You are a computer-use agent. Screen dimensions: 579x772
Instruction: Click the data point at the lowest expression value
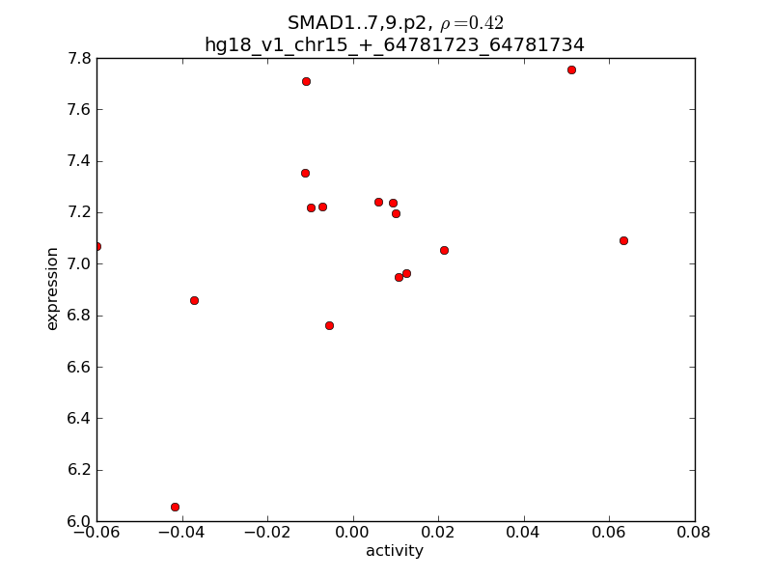[175, 507]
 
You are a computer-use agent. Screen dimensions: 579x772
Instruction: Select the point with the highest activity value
[623, 240]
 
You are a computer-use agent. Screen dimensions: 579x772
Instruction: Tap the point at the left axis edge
[96, 246]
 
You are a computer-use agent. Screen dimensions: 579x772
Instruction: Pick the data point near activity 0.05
[571, 69]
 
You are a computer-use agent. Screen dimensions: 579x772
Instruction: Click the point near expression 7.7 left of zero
[306, 81]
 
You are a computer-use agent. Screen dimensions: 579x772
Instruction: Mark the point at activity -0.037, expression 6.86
[194, 300]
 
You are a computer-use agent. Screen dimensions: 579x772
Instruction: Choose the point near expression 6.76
[329, 325]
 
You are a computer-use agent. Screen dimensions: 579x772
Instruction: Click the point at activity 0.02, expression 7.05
[444, 250]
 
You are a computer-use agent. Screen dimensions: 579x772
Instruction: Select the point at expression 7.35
[305, 173]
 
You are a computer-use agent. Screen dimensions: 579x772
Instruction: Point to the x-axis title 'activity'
[394, 551]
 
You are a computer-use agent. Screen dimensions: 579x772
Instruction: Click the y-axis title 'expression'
[53, 289]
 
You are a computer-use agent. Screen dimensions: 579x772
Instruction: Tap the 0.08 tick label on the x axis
[694, 531]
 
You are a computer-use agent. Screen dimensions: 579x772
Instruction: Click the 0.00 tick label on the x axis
[353, 531]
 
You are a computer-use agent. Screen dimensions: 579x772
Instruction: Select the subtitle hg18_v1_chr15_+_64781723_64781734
[394, 45]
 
